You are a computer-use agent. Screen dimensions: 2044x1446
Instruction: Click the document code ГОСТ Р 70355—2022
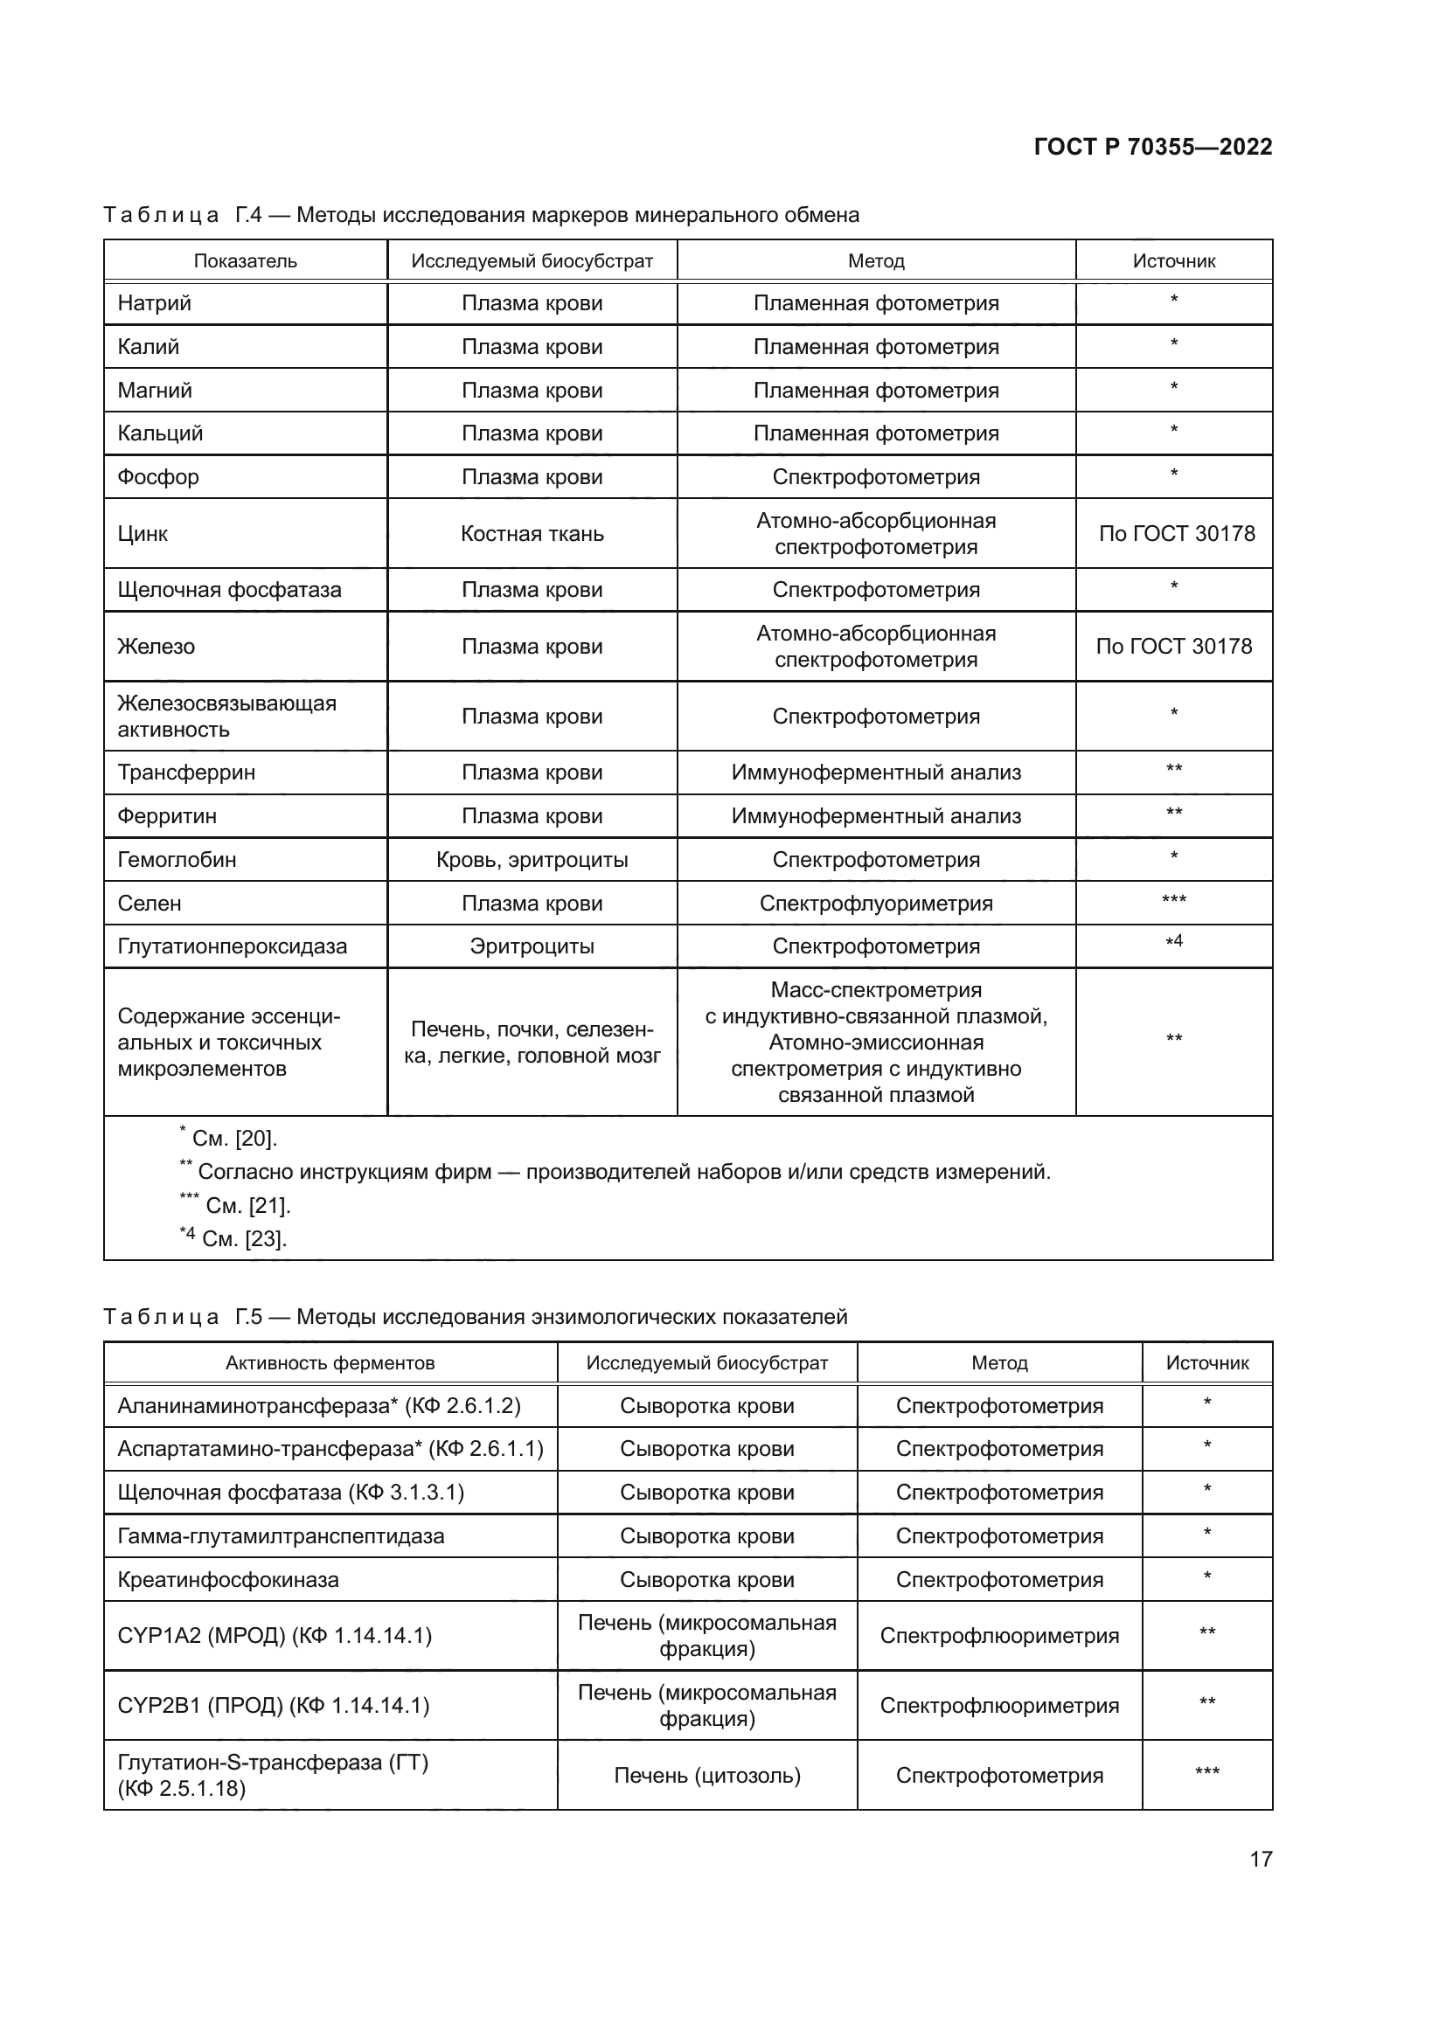[x=1152, y=147]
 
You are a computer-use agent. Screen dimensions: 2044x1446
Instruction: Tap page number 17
[x=1261, y=1859]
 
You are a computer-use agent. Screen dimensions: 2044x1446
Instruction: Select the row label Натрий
[x=154, y=303]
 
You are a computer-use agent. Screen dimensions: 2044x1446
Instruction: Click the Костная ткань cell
[x=532, y=534]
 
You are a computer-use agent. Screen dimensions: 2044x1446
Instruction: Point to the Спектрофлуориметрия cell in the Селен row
[x=875, y=904]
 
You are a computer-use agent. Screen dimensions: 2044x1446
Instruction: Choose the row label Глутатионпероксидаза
[x=232, y=946]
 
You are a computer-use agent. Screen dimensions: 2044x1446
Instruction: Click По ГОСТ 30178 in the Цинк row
[x=1175, y=534]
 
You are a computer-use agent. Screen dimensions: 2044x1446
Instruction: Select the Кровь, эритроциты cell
[x=532, y=860]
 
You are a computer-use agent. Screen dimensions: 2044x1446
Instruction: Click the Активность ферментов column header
[x=330, y=1363]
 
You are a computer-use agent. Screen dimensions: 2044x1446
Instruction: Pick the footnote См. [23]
[x=233, y=1238]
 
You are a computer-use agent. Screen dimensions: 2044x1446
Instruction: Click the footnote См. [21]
[x=236, y=1205]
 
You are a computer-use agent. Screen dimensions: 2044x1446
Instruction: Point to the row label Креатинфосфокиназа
[x=228, y=1580]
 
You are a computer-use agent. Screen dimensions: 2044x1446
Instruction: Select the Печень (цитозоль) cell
[x=707, y=1776]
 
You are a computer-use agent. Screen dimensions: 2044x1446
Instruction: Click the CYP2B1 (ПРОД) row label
[x=273, y=1706]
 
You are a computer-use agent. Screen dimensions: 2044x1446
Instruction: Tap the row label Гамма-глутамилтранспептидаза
[x=281, y=1536]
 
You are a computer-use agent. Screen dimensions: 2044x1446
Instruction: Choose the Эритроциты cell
[x=532, y=946]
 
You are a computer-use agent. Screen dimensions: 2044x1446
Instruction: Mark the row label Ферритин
[x=166, y=816]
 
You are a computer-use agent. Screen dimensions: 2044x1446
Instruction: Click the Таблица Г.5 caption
[x=475, y=1317]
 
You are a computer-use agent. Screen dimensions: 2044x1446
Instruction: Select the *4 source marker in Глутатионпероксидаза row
[x=1173, y=942]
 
